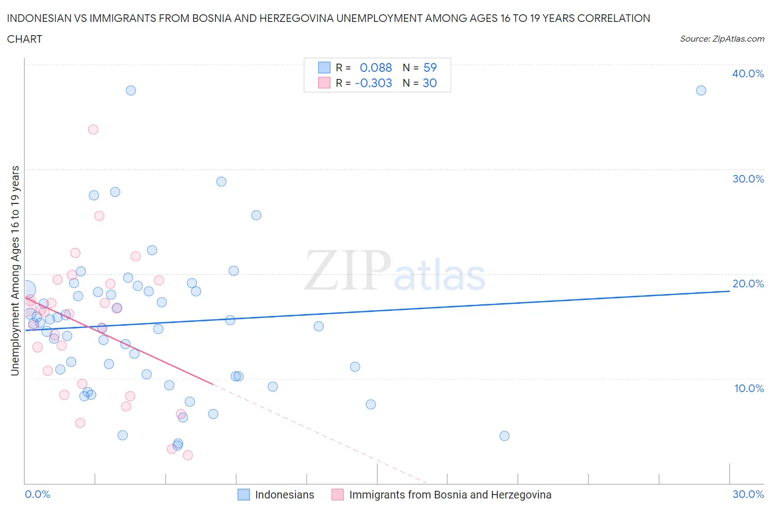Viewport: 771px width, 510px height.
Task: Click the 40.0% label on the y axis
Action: tap(747, 73)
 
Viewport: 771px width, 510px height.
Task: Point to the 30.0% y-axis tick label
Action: tap(748, 179)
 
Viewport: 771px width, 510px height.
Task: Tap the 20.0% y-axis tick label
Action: tap(748, 284)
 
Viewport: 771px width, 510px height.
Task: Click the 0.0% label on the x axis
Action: tap(37, 494)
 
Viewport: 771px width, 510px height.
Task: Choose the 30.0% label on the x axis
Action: tap(748, 494)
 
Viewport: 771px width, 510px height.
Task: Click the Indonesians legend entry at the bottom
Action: tap(284, 495)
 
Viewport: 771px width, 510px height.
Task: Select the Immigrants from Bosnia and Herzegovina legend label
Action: tap(450, 495)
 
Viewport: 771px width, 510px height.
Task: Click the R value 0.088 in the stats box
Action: tap(376, 67)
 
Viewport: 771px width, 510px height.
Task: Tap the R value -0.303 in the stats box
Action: tap(373, 83)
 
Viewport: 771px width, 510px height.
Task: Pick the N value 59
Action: tap(430, 67)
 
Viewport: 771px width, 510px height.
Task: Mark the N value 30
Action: tap(430, 83)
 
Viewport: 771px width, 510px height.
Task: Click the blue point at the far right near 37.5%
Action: tap(701, 90)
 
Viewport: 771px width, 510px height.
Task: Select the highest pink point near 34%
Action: tap(93, 129)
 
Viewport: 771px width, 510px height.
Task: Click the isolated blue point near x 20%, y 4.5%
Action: tap(504, 436)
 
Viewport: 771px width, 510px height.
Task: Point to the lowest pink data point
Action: tap(188, 455)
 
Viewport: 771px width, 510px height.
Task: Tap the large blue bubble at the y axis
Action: tap(26, 290)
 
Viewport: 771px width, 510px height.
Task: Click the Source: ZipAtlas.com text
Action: tap(722, 39)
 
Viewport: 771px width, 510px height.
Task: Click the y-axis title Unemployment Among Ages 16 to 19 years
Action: tap(15, 270)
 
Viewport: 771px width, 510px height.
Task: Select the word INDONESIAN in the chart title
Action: tap(39, 18)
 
